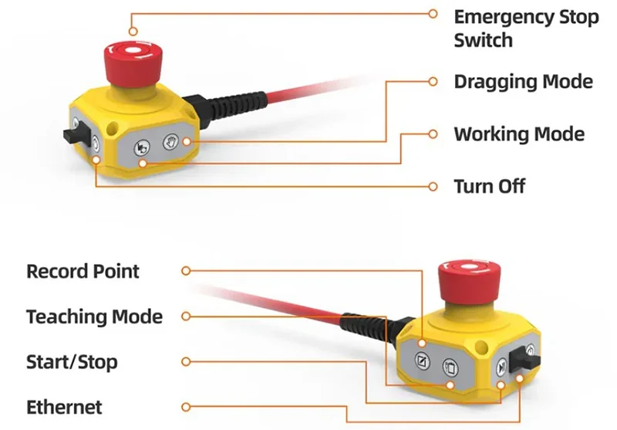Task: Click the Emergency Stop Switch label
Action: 526,28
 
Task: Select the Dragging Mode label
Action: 523,81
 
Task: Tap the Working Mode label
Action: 518,134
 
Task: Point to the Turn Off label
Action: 489,186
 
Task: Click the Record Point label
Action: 83,271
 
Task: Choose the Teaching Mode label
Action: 94,317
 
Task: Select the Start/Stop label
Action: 72,361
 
